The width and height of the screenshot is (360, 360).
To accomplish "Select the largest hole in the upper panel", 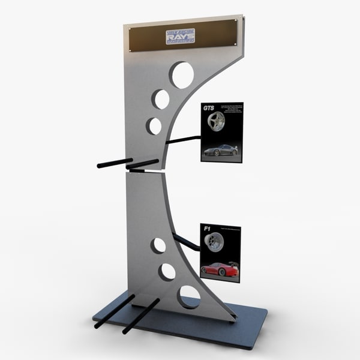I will (x=181, y=75).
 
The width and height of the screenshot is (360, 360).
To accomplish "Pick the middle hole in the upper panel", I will (x=161, y=99).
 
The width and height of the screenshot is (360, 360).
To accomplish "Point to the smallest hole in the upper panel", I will (x=155, y=126).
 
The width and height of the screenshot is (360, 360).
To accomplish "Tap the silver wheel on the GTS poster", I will (x=214, y=124).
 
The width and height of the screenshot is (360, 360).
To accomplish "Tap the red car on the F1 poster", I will (x=220, y=269).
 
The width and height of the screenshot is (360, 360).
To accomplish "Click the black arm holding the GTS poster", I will (x=183, y=140).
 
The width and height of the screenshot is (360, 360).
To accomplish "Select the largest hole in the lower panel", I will (x=190, y=296).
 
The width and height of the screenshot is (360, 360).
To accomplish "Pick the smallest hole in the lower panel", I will (x=158, y=245).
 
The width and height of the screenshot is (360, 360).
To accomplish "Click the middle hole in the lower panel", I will (x=167, y=271).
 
